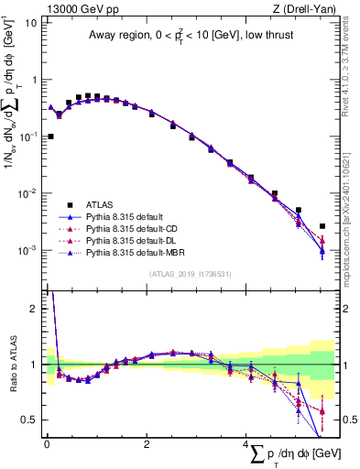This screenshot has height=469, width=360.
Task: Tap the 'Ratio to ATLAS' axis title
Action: click(13, 365)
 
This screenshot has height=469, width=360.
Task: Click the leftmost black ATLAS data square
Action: click(50, 136)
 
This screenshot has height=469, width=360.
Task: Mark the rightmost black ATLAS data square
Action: click(322, 226)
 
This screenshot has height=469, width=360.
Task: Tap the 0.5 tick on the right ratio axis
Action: click(346, 420)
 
